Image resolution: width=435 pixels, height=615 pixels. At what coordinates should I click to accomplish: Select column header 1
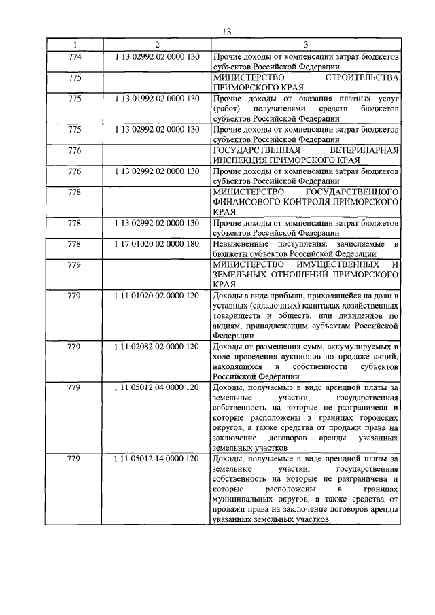pyautogui.click(x=75, y=45)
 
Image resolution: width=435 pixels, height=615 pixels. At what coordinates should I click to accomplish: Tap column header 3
pyautogui.click(x=305, y=45)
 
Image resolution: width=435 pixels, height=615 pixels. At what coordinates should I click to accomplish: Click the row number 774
pyautogui.click(x=75, y=56)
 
